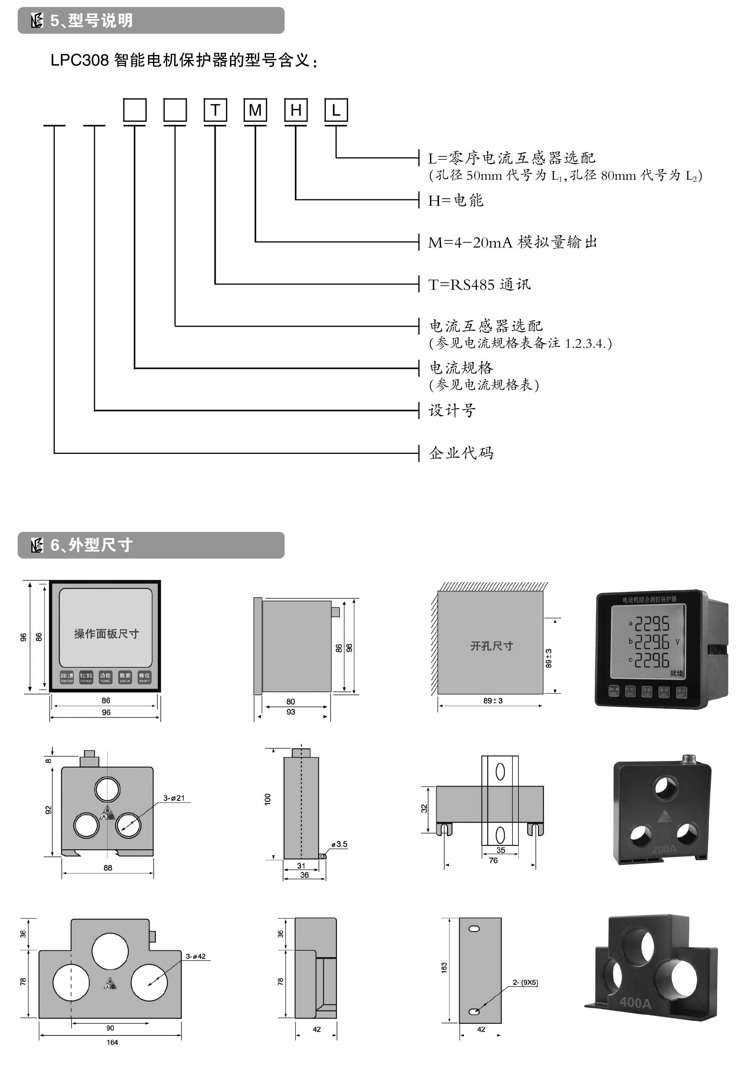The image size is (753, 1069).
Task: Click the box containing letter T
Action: (x=215, y=110)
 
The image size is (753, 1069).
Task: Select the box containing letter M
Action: (x=255, y=110)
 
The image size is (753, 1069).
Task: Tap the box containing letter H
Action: (x=296, y=110)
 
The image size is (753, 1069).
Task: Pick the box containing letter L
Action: (x=336, y=110)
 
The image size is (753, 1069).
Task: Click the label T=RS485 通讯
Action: (x=479, y=284)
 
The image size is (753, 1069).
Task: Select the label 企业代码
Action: (x=461, y=453)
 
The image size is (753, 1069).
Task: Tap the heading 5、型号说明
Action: (x=91, y=20)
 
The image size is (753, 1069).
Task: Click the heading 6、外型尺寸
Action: (x=91, y=545)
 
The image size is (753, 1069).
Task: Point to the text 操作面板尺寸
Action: (x=106, y=634)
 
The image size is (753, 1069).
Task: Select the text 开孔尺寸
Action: (x=492, y=646)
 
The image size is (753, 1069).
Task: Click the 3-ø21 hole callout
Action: (x=174, y=798)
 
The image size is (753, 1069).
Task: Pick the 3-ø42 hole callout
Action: (x=195, y=956)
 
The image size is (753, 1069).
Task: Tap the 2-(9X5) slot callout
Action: (x=525, y=982)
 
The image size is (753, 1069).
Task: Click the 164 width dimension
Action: (x=112, y=1043)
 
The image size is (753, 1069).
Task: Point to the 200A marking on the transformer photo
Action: (x=664, y=849)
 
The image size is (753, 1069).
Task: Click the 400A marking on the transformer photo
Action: (x=635, y=1002)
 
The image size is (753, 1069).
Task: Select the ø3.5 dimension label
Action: (x=340, y=844)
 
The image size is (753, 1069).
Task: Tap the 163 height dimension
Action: (x=444, y=968)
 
